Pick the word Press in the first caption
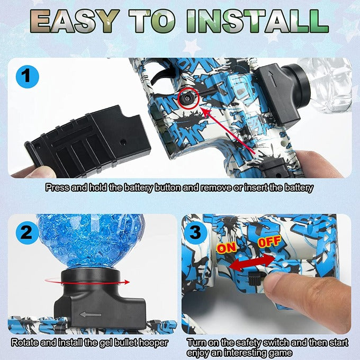(56, 187)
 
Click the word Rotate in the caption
(24, 343)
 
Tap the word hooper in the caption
(154, 343)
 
